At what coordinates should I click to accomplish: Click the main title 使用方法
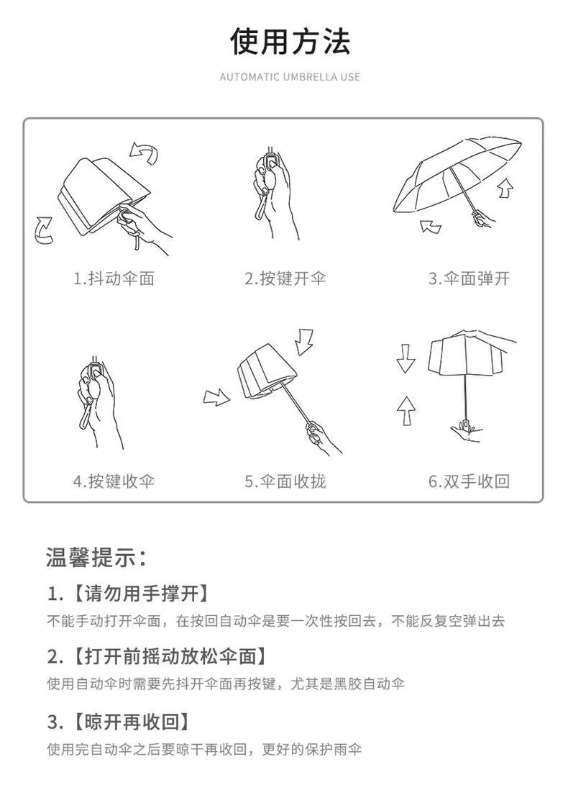pos(290,42)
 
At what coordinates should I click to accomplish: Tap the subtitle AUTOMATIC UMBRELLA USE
pos(290,77)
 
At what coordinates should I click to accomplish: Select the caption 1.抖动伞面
pos(114,278)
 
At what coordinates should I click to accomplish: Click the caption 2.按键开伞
pos(285,278)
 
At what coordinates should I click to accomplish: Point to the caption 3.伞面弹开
pos(469,278)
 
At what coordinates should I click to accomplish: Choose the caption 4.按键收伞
pos(114,481)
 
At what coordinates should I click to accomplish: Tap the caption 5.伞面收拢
pos(285,481)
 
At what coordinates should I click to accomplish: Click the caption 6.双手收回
pos(469,481)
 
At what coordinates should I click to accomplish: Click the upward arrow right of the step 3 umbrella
pos(505,188)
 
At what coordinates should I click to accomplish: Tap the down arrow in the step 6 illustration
pos(406,358)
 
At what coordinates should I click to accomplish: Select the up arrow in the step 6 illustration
pos(406,410)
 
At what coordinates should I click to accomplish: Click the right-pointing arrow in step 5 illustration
pos(216,397)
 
